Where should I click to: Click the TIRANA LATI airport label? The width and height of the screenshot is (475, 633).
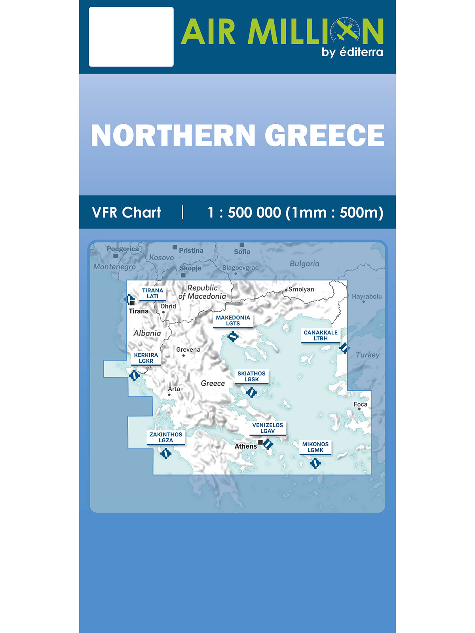[x=152, y=293]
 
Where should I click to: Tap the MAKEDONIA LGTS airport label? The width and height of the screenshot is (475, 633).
[x=233, y=320]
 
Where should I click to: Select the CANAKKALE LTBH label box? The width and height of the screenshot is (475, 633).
[x=321, y=335]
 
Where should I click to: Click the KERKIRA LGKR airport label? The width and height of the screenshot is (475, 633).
[x=146, y=358]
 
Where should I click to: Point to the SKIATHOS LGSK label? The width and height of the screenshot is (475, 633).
[x=251, y=376]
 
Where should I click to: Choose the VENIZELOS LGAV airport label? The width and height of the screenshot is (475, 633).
[x=268, y=428]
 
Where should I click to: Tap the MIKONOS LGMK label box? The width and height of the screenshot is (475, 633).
[x=315, y=447]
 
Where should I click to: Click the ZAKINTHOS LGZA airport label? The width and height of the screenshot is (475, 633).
[x=166, y=437]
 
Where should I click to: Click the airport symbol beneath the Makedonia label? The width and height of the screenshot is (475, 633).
[x=233, y=337]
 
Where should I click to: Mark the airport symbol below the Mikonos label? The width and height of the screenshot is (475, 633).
[x=315, y=462]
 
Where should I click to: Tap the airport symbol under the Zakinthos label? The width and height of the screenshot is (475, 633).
[x=166, y=453]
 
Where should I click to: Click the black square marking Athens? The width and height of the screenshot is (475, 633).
[x=260, y=442]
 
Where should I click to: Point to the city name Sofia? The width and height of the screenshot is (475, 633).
[x=242, y=252]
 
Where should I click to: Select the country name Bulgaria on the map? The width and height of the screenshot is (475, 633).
[x=304, y=263]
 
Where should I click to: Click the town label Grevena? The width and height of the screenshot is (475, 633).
[x=188, y=350]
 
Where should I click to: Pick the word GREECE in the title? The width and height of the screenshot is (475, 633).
[x=325, y=136]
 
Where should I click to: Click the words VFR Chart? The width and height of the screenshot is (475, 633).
[x=126, y=212]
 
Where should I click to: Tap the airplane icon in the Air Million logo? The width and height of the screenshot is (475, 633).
[x=346, y=31]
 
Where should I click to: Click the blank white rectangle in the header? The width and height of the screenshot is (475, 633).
[x=131, y=37]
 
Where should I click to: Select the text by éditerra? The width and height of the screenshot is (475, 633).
[x=352, y=52]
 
